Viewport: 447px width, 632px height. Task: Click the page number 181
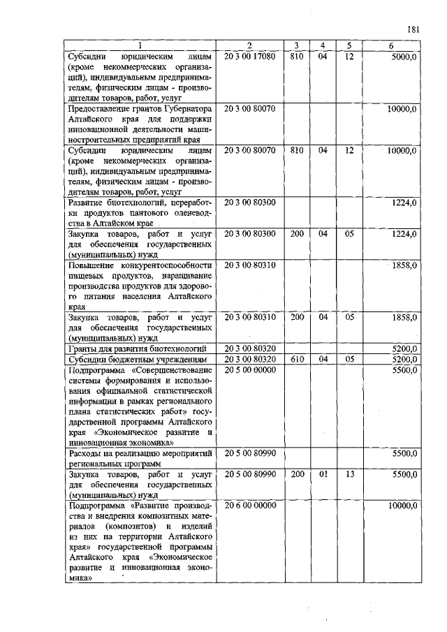pyautogui.click(x=412, y=29)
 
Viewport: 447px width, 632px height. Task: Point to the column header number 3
pyautogui.click(x=296, y=45)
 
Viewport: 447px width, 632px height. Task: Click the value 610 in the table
pyautogui.click(x=297, y=359)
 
